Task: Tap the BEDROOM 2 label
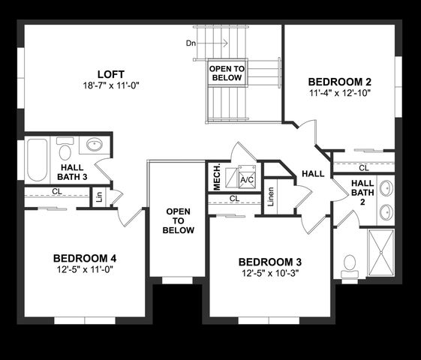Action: coord(340,81)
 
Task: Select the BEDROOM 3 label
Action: coord(270,262)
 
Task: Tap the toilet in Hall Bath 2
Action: coord(349,264)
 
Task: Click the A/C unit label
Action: coord(247,180)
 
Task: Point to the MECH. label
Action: coord(216,178)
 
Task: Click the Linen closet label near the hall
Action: coord(271,196)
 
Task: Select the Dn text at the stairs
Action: coord(191,43)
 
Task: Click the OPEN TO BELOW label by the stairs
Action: coord(225,73)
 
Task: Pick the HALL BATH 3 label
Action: coord(73,172)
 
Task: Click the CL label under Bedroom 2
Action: coord(363,168)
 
